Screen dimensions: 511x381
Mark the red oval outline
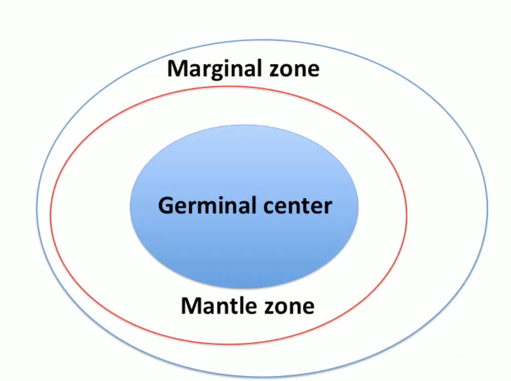pos(406,214)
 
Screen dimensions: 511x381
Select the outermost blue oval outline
pos(487,209)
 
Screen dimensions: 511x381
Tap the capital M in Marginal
pos(177,69)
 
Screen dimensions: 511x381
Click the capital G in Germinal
pos(166,205)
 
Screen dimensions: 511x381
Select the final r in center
pos(328,207)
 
